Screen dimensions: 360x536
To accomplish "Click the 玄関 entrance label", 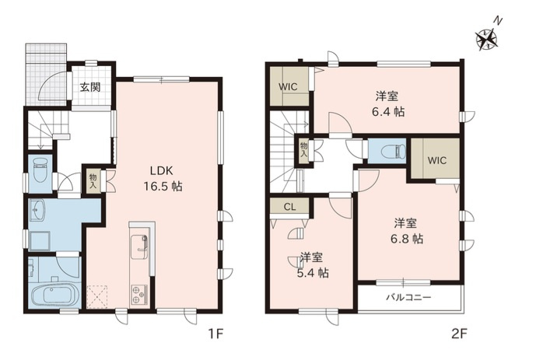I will (89, 87).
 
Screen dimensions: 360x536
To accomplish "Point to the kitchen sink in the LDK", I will (139, 243).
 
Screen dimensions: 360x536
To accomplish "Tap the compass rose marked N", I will (489, 37).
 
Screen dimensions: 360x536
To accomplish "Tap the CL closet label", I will (289, 207).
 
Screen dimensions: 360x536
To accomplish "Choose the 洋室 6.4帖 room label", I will (389, 103).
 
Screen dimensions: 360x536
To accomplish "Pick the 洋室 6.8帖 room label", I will (407, 231).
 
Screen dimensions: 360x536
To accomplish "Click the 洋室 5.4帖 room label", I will (313, 264).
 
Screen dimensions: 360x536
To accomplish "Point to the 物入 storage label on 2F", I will (303, 149).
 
